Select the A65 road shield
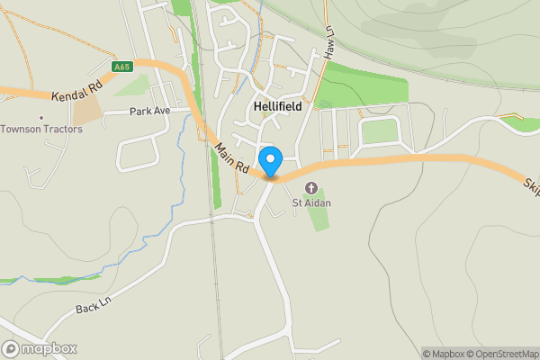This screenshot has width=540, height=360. pyautogui.click(x=122, y=67)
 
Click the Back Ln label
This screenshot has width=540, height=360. pyautogui.click(x=91, y=308)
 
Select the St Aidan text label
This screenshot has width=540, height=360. pyautogui.click(x=311, y=202)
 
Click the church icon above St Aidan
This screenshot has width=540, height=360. pyautogui.click(x=311, y=187)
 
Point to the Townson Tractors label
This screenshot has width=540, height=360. pyautogui.click(x=41, y=129)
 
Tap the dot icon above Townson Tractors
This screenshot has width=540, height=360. pyautogui.click(x=41, y=117)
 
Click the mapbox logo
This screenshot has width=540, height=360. pyautogui.click(x=40, y=348)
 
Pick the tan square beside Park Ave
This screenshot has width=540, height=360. pyautogui.click(x=87, y=111)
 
